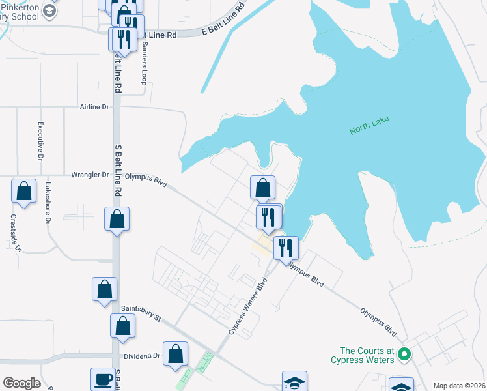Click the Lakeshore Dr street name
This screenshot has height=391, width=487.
(x=48, y=203)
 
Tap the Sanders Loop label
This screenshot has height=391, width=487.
(x=145, y=64)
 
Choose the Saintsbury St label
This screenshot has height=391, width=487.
(x=141, y=313)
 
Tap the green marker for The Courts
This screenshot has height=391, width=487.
(x=404, y=355)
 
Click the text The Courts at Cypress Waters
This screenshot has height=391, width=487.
(x=363, y=355)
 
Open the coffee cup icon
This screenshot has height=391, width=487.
(x=103, y=379)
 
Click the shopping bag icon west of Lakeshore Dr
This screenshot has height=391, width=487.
(x=23, y=192)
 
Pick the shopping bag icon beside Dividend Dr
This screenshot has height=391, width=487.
(x=176, y=354)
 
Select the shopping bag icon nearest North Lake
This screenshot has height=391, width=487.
(x=262, y=188)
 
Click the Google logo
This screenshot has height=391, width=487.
(x=21, y=383)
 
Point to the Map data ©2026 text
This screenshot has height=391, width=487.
(x=459, y=386)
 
